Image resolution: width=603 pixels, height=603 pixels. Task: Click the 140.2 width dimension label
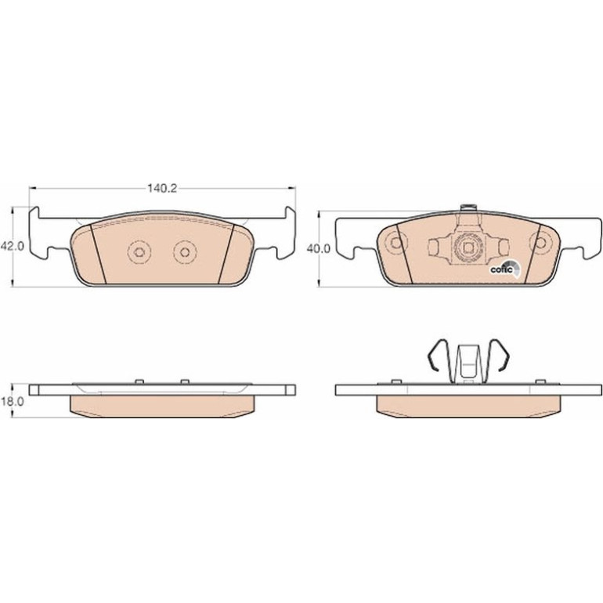coord(162,189)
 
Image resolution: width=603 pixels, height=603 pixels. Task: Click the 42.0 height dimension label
coord(13,246)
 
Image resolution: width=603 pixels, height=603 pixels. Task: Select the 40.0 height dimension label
coord(319,249)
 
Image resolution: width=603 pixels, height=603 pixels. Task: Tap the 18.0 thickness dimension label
coord(13,402)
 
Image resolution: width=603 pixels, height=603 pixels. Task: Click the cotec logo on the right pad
coord(504,269)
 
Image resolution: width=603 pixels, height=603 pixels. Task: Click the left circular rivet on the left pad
coord(139,252)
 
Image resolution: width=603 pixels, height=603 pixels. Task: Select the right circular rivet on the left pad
coord(185,252)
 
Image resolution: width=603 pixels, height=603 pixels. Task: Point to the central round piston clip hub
coord(468,247)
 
